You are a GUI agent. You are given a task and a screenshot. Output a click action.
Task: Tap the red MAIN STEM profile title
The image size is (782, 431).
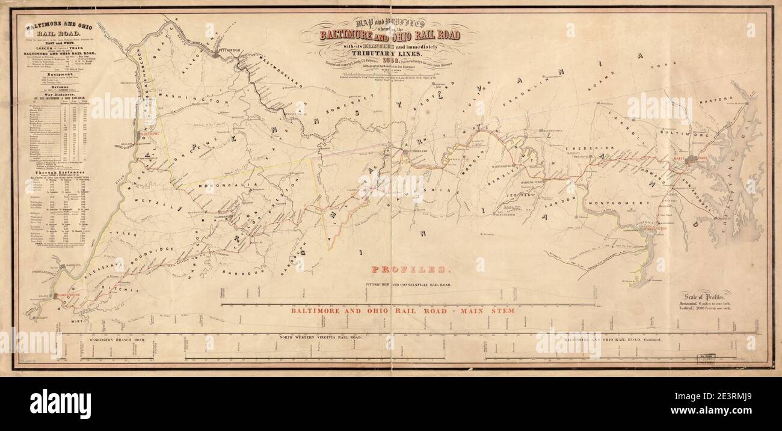(403, 311)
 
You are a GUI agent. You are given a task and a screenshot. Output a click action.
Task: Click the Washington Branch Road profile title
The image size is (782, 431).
(112, 339)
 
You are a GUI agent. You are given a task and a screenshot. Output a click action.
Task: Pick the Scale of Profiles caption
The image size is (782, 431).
(706, 296)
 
